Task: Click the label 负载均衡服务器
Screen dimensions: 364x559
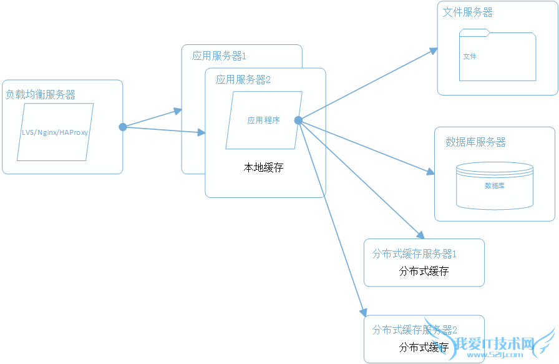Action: tap(41, 95)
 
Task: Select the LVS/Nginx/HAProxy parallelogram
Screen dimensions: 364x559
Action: tap(56, 132)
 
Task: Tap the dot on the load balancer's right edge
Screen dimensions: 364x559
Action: tap(123, 127)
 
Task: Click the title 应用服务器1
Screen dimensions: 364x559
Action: tap(219, 56)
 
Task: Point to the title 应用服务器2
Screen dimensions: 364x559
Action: tap(243, 80)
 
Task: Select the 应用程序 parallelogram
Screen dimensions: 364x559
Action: tap(264, 121)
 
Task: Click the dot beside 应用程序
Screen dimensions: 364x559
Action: tap(298, 120)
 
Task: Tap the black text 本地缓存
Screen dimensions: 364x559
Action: tap(263, 168)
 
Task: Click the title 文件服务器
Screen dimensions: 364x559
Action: tap(468, 12)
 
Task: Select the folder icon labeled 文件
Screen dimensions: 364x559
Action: tap(497, 56)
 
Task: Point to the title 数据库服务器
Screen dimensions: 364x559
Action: tap(475, 142)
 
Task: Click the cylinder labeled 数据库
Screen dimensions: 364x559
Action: tap(495, 185)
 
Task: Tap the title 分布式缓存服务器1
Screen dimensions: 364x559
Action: tap(415, 254)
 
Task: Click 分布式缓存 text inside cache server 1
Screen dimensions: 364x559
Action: tap(424, 271)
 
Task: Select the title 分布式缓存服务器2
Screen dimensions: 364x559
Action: tap(415, 330)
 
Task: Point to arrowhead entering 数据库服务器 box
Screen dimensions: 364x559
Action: tap(430, 171)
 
